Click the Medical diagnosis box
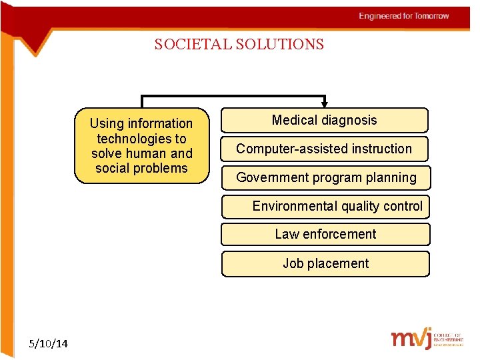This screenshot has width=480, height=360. click(x=324, y=121)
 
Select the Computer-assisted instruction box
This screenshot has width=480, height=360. click(x=324, y=149)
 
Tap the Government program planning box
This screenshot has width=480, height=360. click(x=326, y=178)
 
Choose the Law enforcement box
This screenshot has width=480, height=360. click(x=325, y=235)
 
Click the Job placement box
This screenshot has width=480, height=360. click(x=325, y=263)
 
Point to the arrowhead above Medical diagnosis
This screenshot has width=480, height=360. click(x=325, y=103)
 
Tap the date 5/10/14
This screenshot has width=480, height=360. click(x=49, y=343)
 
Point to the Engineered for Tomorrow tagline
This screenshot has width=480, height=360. click(x=403, y=16)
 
